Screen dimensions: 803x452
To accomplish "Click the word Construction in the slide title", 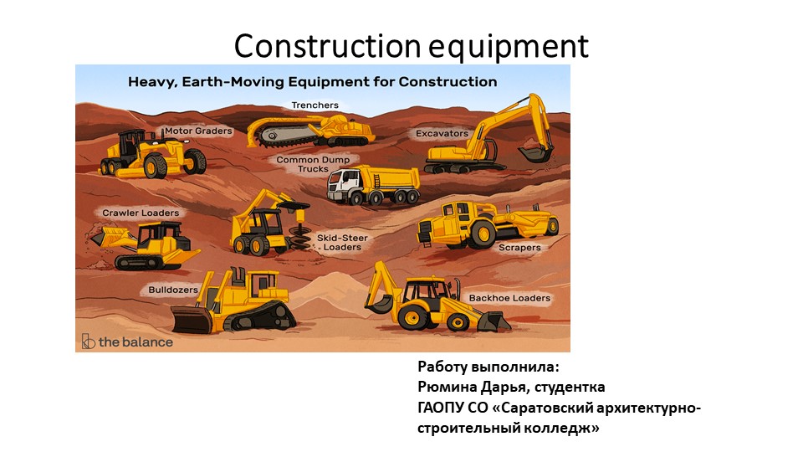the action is pyautogui.click(x=327, y=45).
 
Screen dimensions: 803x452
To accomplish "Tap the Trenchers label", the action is pyautogui.click(x=315, y=105).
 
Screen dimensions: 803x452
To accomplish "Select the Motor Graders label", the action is pyautogui.click(x=198, y=131).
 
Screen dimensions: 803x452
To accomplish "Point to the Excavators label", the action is pyautogui.click(x=442, y=133).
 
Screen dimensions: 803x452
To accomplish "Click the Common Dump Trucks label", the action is pyautogui.click(x=313, y=164).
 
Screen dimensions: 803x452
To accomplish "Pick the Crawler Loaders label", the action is pyautogui.click(x=141, y=213).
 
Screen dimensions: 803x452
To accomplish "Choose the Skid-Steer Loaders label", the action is pyautogui.click(x=342, y=243).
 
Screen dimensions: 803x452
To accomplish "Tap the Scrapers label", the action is pyautogui.click(x=519, y=248).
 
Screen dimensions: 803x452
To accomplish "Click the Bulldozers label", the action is pyautogui.click(x=173, y=290).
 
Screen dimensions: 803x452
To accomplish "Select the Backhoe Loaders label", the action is pyautogui.click(x=509, y=298).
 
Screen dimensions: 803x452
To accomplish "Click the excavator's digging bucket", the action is pyautogui.click(x=535, y=153).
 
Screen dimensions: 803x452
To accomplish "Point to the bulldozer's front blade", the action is pyautogui.click(x=192, y=319).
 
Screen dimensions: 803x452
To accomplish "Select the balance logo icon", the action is pyautogui.click(x=88, y=342).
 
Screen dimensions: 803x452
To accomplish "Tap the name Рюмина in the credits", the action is pyautogui.click(x=448, y=387).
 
